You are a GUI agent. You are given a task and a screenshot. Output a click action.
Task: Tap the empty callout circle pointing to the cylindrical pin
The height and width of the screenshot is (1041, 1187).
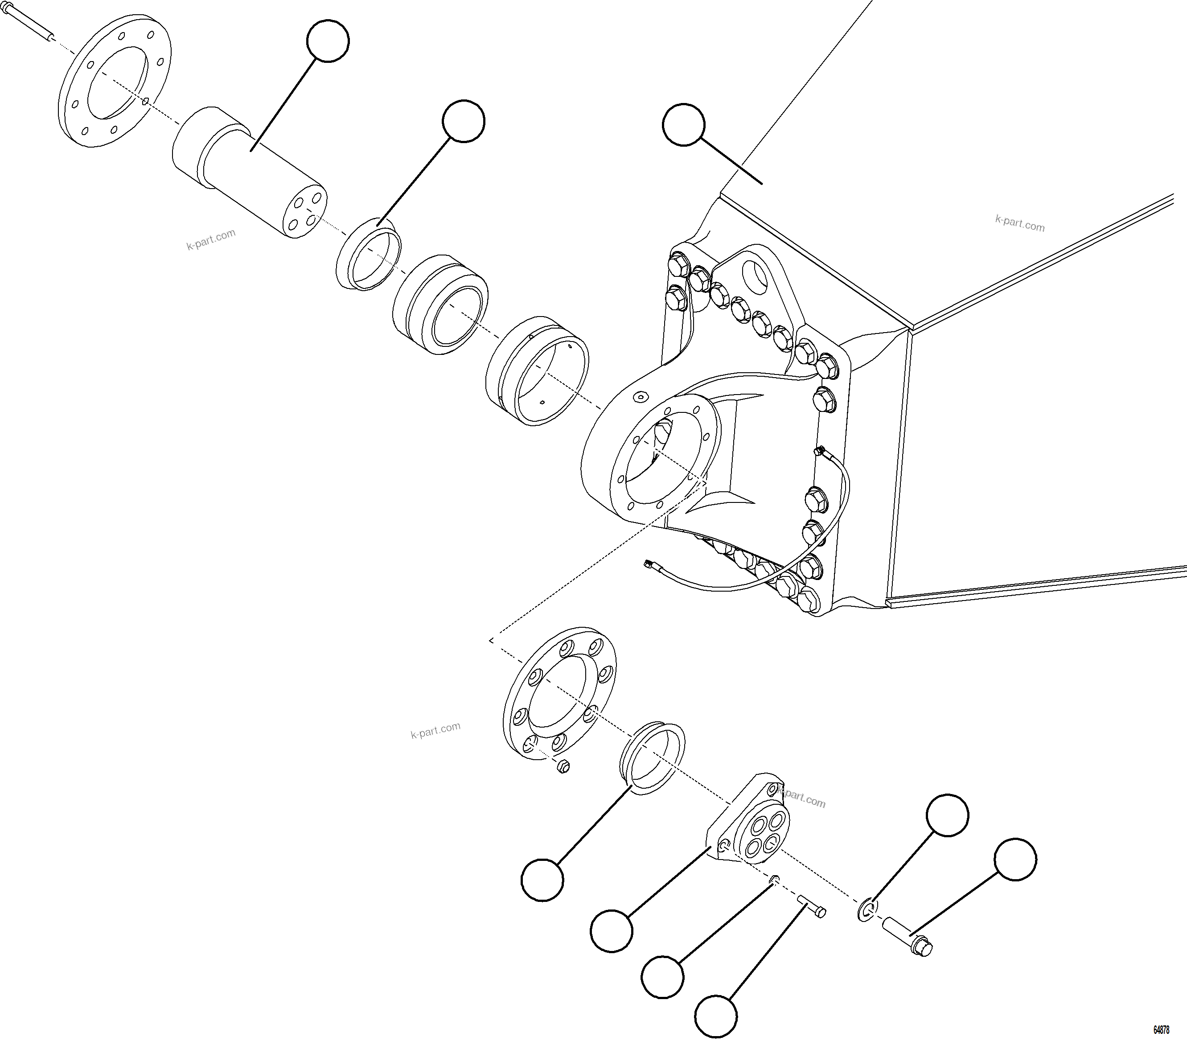[x=328, y=40]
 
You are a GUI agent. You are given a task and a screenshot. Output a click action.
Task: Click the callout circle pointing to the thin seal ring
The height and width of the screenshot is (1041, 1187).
[x=463, y=121]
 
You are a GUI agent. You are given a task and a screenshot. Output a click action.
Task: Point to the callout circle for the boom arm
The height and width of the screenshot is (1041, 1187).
[x=683, y=125]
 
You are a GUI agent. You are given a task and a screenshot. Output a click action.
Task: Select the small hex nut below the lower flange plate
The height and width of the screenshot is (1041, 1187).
[x=562, y=767]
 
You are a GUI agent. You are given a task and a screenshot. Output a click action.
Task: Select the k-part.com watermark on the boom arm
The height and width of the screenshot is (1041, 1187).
[x=1020, y=223]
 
